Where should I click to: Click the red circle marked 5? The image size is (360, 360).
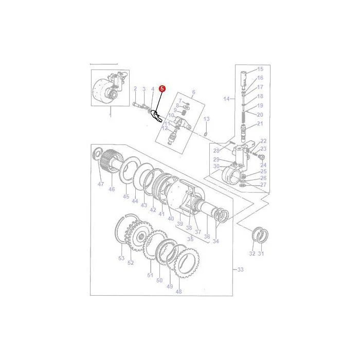point(162,88)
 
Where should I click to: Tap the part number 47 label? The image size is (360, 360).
point(101,184)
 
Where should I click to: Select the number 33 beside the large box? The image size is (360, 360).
point(240,269)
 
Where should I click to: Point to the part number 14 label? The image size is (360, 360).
point(226,99)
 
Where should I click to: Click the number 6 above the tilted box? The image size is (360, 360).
point(194,92)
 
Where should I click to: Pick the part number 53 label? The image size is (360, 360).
point(121,258)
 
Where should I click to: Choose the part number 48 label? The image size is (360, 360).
point(178,292)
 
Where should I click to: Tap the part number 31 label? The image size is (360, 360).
point(261,254)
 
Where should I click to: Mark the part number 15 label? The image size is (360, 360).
point(260,69)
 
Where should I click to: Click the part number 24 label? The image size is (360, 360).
point(263,165)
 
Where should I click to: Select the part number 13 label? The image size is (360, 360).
point(206,119)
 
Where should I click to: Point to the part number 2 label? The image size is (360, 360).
point(135,88)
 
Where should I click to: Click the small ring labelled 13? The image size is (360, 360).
point(206,134)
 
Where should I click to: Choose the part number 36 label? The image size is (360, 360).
point(207,236)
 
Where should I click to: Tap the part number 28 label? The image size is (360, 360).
point(217,151)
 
